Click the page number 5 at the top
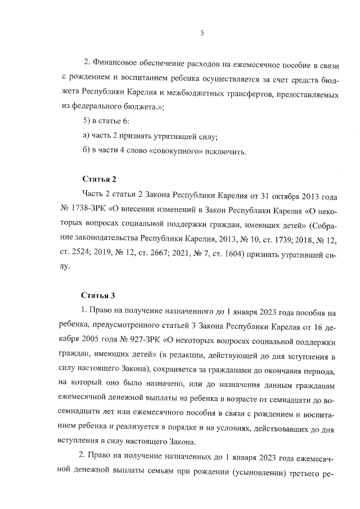coord(202,33)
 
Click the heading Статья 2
coord(98,179)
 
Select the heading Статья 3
coord(98,295)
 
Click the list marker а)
coord(86,137)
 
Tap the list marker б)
coord(86,151)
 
